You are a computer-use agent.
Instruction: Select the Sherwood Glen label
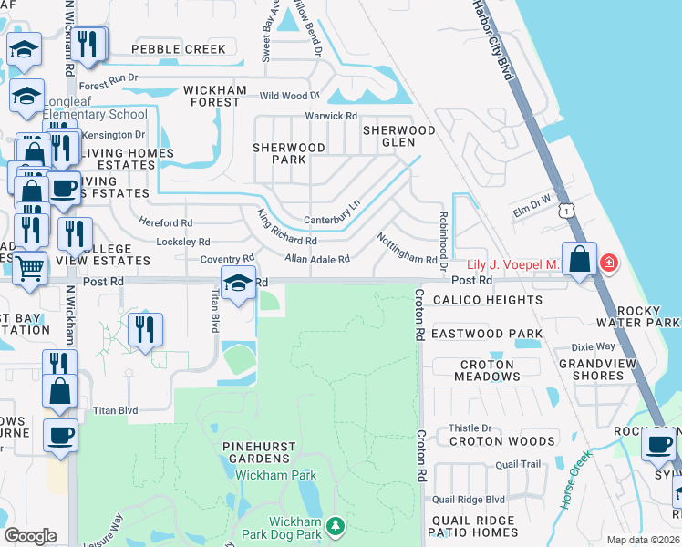pos(399,136)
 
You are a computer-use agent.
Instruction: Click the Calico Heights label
pos(487,300)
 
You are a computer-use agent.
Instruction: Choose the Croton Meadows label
pos(487,370)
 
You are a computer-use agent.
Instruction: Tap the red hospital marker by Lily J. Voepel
pos(608,264)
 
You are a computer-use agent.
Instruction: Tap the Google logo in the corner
pos(30,536)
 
